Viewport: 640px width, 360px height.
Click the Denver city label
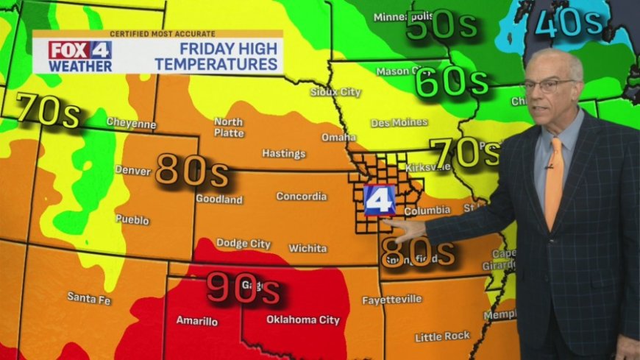click(x=132, y=170)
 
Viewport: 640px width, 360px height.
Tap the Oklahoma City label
click(x=302, y=320)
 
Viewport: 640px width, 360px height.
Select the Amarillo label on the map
click(x=197, y=320)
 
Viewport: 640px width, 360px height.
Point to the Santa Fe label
click(x=88, y=297)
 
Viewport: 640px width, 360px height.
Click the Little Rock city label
click(x=442, y=336)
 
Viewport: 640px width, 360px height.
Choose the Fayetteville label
click(x=392, y=300)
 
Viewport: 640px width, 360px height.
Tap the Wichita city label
click(x=307, y=248)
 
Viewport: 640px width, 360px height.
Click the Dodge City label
click(x=243, y=243)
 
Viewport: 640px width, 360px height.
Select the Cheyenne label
click(x=131, y=123)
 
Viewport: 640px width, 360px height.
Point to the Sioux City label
click(x=336, y=92)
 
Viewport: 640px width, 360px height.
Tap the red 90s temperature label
click(x=243, y=287)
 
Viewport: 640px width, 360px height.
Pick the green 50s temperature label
click(x=441, y=27)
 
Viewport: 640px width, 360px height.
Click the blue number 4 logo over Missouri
click(x=379, y=200)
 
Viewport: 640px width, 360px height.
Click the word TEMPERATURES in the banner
click(x=221, y=64)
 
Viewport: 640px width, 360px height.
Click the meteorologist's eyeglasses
click(x=548, y=84)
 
